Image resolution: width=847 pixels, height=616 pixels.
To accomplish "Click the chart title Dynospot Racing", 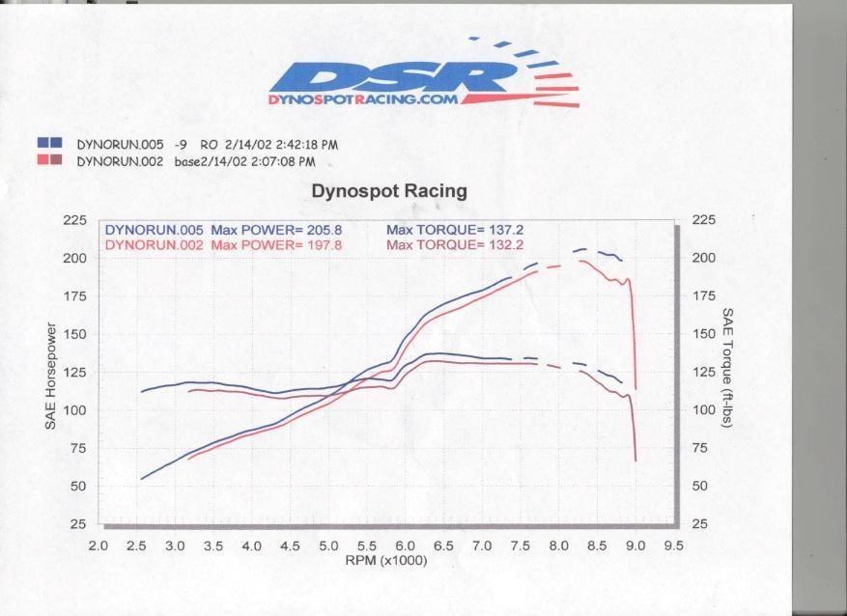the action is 389,191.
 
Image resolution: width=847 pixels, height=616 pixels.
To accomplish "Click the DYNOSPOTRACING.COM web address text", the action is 363,99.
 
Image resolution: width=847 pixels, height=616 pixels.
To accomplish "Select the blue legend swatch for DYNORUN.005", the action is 49,143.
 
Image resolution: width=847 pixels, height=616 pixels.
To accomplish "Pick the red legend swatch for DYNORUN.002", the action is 49,160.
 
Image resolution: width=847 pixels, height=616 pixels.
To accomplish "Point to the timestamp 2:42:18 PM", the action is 307,145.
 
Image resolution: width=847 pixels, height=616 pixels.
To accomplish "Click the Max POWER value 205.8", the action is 325,230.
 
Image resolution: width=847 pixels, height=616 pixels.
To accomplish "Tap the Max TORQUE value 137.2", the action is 506,230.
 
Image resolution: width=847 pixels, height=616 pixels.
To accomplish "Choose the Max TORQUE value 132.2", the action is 506,245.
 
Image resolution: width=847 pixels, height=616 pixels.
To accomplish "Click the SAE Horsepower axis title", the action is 51,377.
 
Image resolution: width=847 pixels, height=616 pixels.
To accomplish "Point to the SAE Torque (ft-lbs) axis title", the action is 727,368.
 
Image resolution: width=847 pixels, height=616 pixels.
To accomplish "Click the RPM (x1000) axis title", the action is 386,561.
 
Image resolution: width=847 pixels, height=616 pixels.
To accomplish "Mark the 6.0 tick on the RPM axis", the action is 405,546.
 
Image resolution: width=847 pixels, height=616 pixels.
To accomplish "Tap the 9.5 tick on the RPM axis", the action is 673,546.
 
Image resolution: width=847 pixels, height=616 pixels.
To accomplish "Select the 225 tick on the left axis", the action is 74,220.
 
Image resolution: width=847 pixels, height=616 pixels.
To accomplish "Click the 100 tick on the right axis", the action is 704,409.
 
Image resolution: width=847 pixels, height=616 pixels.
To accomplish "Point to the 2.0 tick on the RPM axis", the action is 98,546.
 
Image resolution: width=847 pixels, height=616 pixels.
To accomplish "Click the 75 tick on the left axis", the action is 78,448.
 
